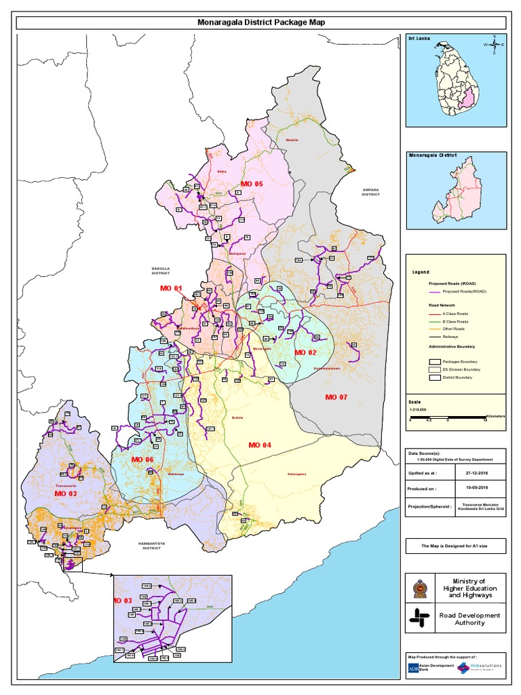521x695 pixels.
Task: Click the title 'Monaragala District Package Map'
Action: tap(260, 22)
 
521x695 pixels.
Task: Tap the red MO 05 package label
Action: tap(251, 184)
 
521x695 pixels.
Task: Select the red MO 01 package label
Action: tap(171, 288)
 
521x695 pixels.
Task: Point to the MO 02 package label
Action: tap(305, 353)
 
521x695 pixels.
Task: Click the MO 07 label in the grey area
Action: tap(336, 396)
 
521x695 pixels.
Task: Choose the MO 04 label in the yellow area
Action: tap(259, 445)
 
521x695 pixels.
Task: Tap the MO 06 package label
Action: tap(143, 460)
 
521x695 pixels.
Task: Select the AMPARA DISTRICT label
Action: tap(370, 192)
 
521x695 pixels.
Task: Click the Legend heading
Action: tap(421, 271)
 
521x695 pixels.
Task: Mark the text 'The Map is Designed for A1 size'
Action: tap(455, 544)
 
